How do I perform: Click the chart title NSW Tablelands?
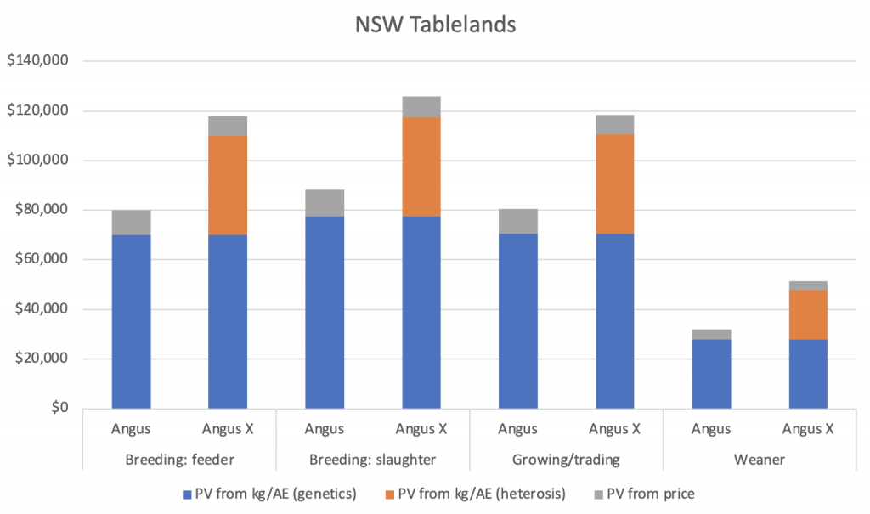(x=435, y=25)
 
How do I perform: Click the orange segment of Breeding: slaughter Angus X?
(x=421, y=167)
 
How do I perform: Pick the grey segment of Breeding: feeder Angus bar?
(x=132, y=223)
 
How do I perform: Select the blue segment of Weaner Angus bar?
(x=711, y=374)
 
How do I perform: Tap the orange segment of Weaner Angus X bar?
(x=808, y=314)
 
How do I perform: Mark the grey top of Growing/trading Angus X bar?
(x=614, y=124)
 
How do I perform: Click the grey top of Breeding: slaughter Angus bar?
(x=325, y=203)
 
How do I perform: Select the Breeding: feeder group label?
(x=179, y=460)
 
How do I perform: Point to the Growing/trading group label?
(x=566, y=460)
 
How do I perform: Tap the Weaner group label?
(x=760, y=460)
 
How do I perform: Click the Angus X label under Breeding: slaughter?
(x=421, y=429)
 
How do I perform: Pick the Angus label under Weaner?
(x=711, y=429)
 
